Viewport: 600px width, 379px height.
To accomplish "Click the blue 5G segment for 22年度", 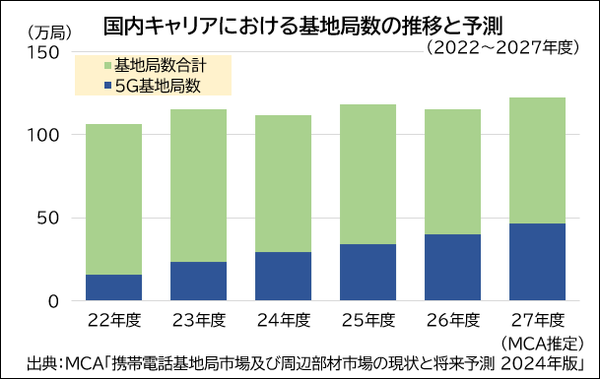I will click(112, 287).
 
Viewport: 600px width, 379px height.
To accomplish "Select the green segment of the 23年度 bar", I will click(198, 185).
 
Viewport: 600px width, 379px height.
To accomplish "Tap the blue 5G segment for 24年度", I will click(284, 277).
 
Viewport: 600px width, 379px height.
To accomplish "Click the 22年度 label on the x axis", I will click(112, 320).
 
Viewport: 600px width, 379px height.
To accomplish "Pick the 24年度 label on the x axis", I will click(284, 320).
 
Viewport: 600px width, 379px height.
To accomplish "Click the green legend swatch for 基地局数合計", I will click(106, 67).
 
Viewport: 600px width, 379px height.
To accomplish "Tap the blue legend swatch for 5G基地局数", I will click(106, 87).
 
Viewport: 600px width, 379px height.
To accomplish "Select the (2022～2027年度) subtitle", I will click(501, 46).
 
